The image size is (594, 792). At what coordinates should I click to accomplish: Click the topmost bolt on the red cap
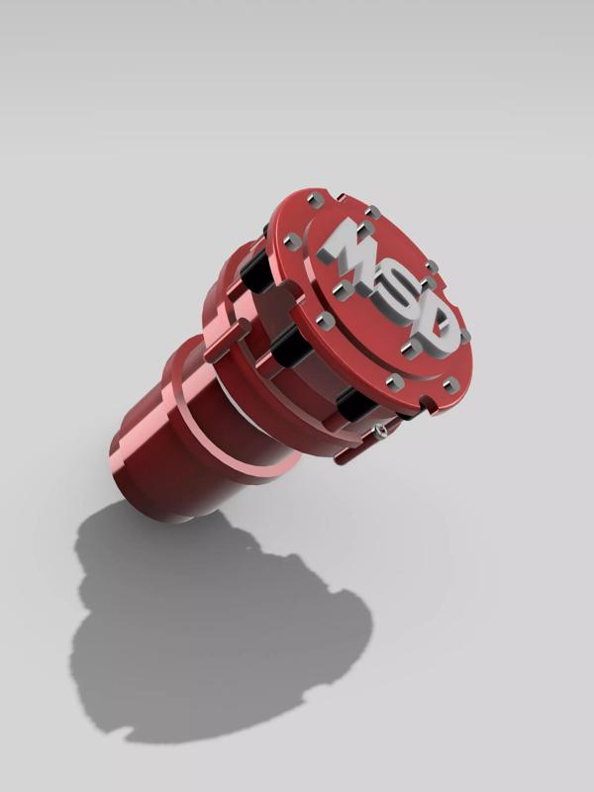(315, 200)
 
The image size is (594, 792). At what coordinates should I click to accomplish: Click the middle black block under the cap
(290, 346)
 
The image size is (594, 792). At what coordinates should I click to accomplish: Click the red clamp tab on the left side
(228, 339)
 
